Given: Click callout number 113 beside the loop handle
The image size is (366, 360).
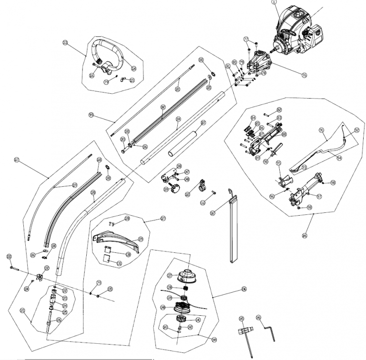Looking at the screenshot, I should [66, 42].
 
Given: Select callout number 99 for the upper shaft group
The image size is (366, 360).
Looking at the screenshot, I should [91, 115].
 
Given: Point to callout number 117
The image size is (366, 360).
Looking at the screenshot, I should [17, 160].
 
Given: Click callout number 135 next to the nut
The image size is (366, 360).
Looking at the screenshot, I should [110, 289].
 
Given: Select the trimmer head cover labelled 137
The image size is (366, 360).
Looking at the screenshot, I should [187, 275].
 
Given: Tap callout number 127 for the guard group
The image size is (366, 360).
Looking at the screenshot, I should [163, 219].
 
